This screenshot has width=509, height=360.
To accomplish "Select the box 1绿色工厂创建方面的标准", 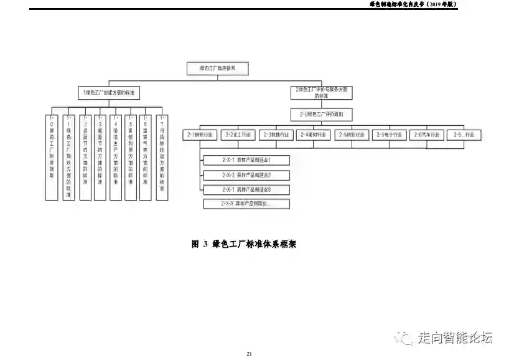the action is pos(110,92).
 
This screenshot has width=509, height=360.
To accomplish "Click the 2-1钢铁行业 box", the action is pos(200,135).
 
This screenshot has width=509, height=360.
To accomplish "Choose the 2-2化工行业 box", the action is pos(238,135).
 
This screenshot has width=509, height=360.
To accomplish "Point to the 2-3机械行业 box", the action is pos(275,135).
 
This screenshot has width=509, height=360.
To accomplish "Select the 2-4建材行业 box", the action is pos(313,135).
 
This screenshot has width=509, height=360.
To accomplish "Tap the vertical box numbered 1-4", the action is pos(115,157).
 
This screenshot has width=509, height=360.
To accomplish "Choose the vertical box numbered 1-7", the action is pos(162,157).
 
